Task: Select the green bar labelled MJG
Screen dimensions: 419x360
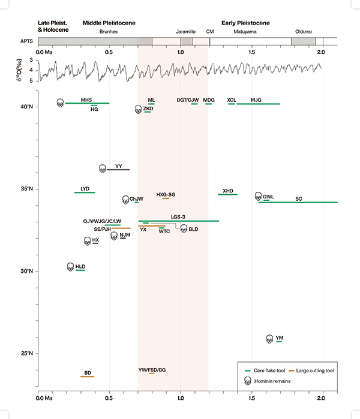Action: tap(258, 104)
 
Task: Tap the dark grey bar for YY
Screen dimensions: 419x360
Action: tap(118, 170)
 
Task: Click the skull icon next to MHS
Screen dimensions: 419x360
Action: tap(60, 103)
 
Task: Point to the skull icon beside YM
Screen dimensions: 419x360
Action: tap(269, 339)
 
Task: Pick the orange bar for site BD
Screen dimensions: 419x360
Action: tap(88, 376)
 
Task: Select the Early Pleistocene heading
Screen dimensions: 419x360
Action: tap(245, 23)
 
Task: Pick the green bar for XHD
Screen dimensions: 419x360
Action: tap(228, 194)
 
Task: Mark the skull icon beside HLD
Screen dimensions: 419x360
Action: tap(70, 267)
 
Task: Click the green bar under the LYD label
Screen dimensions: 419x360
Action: tap(85, 192)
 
